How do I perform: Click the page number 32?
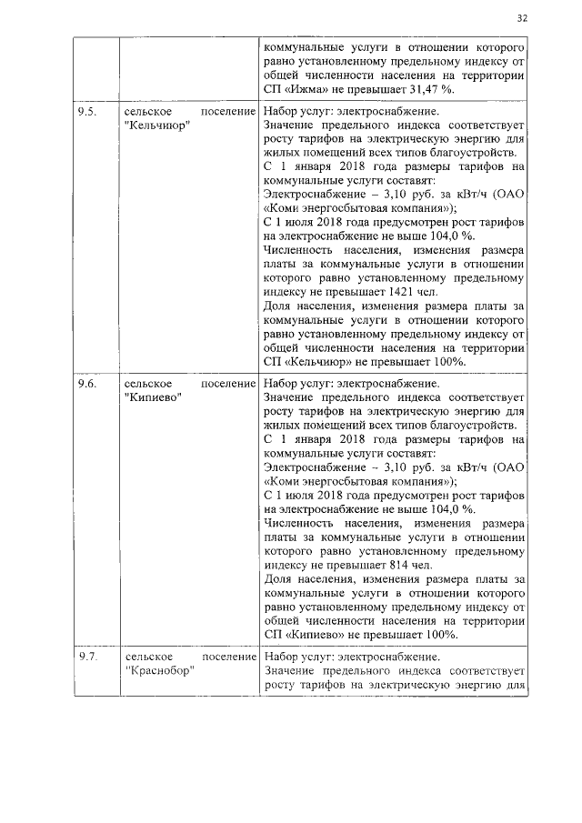[x=522, y=17]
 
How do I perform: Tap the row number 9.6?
[x=87, y=383]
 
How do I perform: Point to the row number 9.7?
[x=87, y=656]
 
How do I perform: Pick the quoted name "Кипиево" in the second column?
[x=152, y=397]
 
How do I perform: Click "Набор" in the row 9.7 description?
[x=280, y=656]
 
